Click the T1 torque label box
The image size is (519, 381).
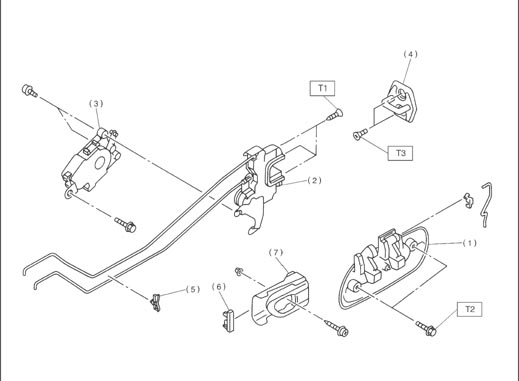322,88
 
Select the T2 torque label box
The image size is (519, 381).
469,309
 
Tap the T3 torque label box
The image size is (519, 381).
400,153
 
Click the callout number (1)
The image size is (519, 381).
469,243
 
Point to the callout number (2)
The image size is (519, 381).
314,180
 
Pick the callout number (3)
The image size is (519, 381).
96,104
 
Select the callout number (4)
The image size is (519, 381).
410,54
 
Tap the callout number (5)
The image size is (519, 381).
193,289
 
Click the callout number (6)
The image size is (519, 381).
219,287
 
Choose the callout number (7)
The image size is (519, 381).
276,253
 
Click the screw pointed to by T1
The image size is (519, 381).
334,115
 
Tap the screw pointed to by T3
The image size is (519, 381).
360,133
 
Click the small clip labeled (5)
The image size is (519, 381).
155,303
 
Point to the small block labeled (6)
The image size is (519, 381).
228,320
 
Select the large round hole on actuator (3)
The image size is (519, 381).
100,163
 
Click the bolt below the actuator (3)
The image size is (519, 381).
125,225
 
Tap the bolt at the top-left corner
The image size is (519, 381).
29,90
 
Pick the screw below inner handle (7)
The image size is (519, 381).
337,328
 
